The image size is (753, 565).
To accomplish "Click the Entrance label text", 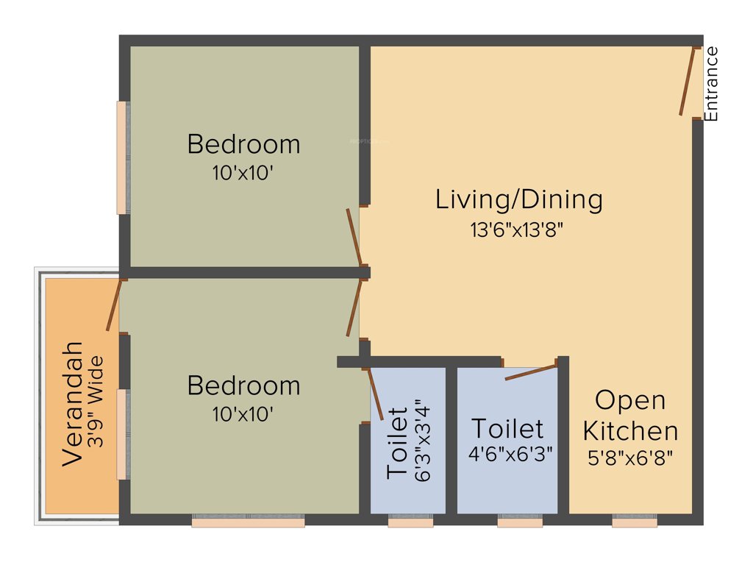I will [711, 83].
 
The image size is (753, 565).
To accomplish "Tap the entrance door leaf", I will [688, 82].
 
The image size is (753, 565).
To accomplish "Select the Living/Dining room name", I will [519, 199].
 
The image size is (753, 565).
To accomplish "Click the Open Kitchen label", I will [630, 416].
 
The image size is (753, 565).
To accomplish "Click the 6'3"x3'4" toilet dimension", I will [420, 440].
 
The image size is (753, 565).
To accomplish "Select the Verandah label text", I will [73, 403].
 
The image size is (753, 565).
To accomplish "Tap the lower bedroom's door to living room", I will [354, 308].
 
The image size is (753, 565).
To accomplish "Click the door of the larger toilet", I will [530, 372].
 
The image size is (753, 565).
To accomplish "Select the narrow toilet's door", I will [374, 395].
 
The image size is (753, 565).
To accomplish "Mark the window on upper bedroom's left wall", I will [122, 157].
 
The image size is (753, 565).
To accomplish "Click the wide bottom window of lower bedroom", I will [248, 522].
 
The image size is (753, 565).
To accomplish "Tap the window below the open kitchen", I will [635, 522].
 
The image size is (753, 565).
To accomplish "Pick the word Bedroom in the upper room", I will [244, 144].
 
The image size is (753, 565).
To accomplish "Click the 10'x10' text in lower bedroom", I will [244, 414].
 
